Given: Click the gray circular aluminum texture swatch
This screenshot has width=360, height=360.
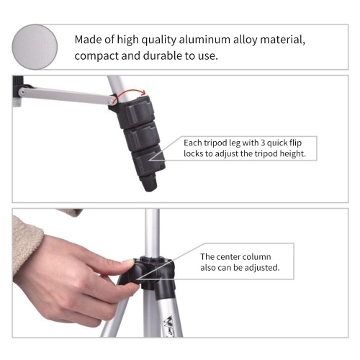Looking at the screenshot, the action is pos(35,47).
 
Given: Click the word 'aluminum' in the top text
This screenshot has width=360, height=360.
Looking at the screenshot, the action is pos(204,40).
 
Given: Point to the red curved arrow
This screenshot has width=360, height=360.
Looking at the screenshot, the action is pos(130,91).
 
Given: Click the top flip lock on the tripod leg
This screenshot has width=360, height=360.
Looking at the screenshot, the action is pos(138,110).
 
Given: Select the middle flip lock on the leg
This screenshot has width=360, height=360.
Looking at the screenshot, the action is pos(143,136).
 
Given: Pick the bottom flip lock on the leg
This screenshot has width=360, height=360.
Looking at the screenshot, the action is pos(148,160).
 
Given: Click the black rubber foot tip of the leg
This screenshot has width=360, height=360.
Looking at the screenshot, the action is pos(149,183).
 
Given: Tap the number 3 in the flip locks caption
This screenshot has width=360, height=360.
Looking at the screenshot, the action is pos(263,143).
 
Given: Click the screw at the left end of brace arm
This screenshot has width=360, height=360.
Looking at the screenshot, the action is pos(22,91).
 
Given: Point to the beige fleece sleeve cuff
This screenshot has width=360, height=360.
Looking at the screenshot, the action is pos(27,243).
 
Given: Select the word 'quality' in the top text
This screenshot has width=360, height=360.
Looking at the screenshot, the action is pos(158,40).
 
